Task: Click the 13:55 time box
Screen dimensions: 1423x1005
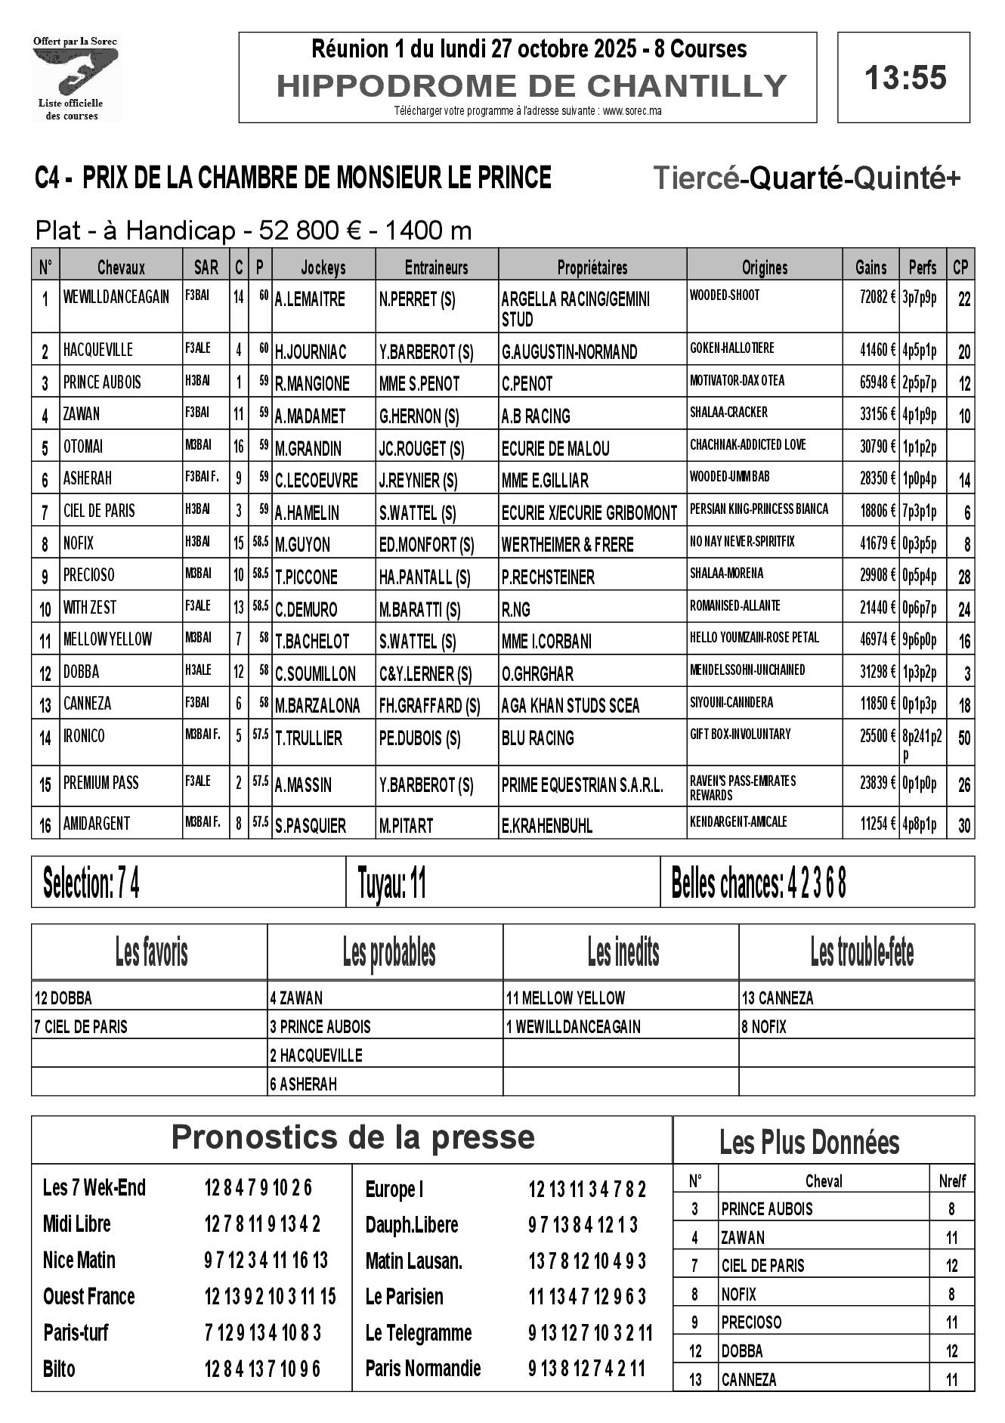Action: (x=904, y=78)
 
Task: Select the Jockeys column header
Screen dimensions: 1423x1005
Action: (x=323, y=268)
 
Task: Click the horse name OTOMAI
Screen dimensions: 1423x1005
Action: (x=83, y=447)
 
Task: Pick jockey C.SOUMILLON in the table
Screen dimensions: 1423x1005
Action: (x=315, y=673)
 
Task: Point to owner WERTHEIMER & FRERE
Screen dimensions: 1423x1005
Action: (x=567, y=545)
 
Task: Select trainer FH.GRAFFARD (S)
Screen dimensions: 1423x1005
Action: (x=429, y=706)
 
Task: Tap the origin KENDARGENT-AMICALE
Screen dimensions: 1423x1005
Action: (x=738, y=821)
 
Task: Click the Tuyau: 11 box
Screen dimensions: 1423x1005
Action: (x=392, y=883)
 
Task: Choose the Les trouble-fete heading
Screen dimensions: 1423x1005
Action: (x=861, y=953)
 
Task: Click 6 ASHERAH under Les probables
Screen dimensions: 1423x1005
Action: (x=304, y=1084)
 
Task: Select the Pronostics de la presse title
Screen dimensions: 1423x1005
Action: (x=353, y=1137)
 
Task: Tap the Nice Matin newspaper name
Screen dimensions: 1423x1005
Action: (x=79, y=1260)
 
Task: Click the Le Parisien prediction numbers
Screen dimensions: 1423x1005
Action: (x=587, y=1297)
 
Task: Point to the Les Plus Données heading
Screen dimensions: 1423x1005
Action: (x=809, y=1142)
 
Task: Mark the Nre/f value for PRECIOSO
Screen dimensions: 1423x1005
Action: (x=951, y=1322)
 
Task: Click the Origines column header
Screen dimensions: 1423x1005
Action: (x=764, y=268)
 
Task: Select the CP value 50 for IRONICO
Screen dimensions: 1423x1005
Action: (x=963, y=738)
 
